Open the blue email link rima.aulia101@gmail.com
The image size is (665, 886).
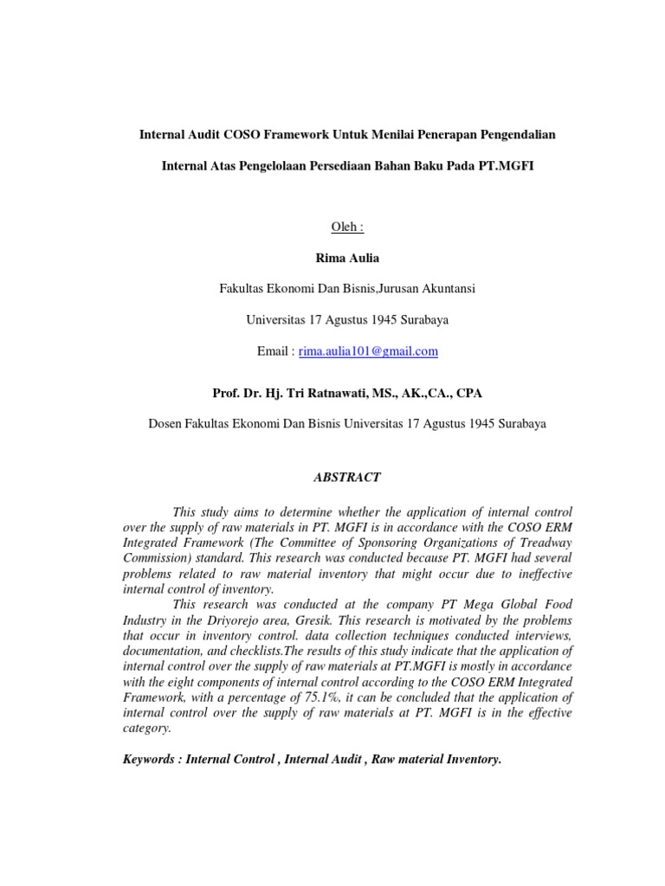click(368, 351)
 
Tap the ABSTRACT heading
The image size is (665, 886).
click(345, 478)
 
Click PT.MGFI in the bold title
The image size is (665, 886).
click(507, 165)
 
